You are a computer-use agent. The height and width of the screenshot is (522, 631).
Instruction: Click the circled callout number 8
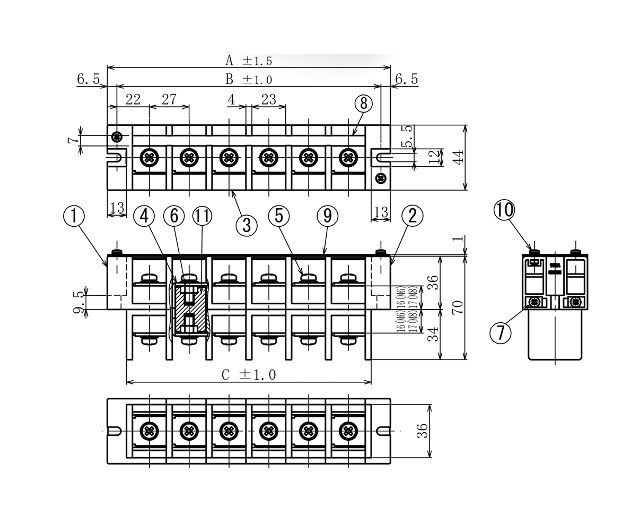coord(363,103)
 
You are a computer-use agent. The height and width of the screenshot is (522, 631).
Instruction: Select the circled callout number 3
coord(246,225)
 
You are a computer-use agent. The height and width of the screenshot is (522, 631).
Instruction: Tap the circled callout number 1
coord(74,216)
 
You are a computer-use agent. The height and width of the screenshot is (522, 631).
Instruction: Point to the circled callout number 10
coord(504,210)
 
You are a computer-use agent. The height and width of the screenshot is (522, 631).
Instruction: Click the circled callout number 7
coord(500,332)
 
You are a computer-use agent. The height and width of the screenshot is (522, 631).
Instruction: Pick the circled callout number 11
coord(201,216)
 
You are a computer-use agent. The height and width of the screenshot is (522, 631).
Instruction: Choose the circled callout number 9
coord(327,216)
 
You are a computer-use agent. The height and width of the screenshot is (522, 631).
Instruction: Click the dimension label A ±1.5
coord(249,61)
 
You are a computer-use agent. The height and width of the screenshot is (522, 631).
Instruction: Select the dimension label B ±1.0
coord(249,80)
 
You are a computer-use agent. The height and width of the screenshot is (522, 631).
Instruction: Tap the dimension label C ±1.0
coord(249,375)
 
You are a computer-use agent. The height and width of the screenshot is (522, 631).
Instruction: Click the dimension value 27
coord(169,99)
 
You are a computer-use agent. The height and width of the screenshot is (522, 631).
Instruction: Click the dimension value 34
coord(434,334)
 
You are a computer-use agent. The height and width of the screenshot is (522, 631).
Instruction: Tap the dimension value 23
coord(269,99)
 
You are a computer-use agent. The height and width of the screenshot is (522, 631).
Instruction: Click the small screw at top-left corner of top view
coord(117,137)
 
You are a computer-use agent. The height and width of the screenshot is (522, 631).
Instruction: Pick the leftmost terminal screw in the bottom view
coord(150,431)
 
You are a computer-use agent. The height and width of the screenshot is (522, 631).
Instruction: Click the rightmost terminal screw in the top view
coord(348,157)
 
